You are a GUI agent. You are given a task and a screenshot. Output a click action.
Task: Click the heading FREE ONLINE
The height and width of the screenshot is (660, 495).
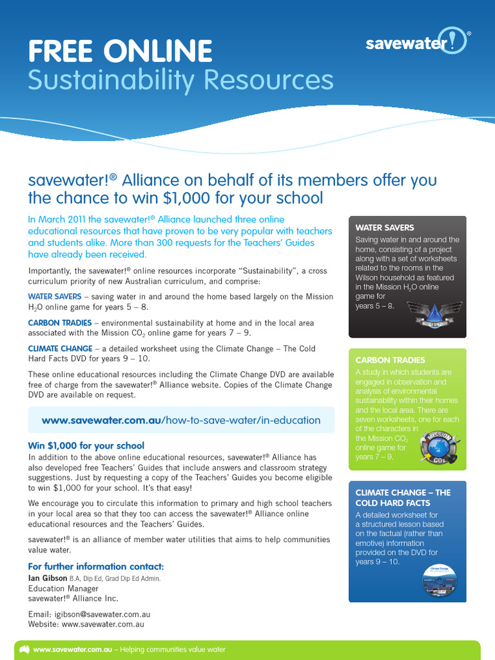point(120,51)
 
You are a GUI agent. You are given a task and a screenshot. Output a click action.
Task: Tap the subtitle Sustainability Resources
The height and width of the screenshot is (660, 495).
point(180,81)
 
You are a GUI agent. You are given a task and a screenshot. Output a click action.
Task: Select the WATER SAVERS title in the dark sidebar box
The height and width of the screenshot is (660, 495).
point(385,228)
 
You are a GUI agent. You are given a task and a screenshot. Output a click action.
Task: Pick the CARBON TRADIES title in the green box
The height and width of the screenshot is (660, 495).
point(391,360)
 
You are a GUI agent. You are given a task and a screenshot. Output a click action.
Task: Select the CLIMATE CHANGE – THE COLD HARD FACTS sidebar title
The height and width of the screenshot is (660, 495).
point(403,498)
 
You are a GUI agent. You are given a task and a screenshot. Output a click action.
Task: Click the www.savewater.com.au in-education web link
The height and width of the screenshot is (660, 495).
point(181,420)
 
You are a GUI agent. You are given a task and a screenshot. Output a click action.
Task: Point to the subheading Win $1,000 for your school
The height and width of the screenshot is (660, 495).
point(86,445)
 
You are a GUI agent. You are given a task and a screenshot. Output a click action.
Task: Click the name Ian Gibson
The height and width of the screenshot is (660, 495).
point(48,578)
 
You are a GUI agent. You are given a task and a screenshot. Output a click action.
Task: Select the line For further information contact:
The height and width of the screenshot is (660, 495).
point(96,567)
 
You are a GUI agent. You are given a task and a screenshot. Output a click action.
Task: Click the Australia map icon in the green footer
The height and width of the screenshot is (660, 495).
point(24,650)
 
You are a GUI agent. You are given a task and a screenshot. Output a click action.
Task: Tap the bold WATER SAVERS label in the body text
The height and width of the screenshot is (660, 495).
point(55,296)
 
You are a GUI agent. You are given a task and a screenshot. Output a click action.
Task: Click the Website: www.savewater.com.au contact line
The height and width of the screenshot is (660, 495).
point(86,624)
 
